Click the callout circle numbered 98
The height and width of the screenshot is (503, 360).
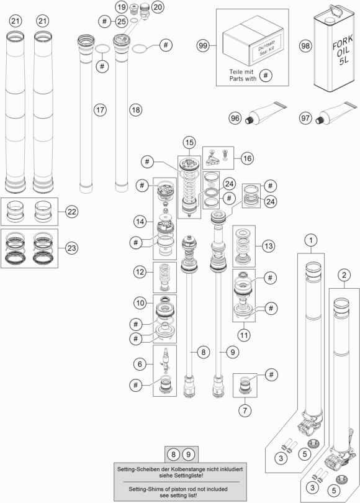pyautogui.click(x=305, y=46)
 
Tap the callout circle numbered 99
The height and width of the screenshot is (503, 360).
pyautogui.click(x=202, y=46)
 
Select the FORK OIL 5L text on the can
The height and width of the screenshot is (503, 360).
pyautogui.click(x=343, y=50)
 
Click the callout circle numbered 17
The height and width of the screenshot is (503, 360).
pyautogui.click(x=100, y=110)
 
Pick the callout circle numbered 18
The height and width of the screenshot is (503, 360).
pyautogui.click(x=135, y=110)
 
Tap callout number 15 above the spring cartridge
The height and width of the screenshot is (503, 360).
pyautogui.click(x=189, y=142)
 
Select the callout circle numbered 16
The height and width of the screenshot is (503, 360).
pyautogui.click(x=247, y=158)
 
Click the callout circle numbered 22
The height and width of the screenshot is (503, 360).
pyautogui.click(x=71, y=212)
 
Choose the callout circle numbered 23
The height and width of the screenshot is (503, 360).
pyautogui.click(x=71, y=248)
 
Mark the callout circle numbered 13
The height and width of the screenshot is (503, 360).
pyautogui.click(x=268, y=246)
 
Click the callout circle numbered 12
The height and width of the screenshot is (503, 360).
pyautogui.click(x=140, y=272)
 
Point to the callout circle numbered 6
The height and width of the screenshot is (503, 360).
pyautogui.click(x=140, y=364)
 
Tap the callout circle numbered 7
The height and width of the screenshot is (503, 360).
pyautogui.click(x=245, y=410)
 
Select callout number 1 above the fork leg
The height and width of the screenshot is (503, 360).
pyautogui.click(x=310, y=240)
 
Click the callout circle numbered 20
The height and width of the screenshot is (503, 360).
pyautogui.click(x=157, y=7)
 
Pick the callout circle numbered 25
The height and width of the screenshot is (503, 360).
pyautogui.click(x=121, y=22)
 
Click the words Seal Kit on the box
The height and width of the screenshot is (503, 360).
pyautogui.click(x=267, y=50)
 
